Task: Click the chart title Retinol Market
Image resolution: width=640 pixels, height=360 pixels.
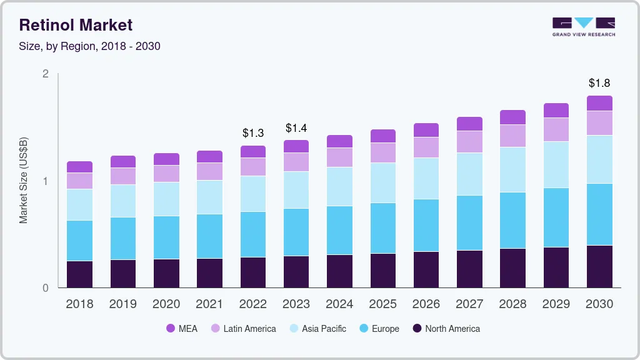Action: [76, 25]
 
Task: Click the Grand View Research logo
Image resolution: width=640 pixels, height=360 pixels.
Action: [584, 27]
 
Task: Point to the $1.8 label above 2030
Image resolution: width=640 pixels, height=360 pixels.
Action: [599, 83]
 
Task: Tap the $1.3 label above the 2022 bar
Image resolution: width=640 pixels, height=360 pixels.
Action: [253, 133]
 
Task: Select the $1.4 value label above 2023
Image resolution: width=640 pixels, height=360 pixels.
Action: [296, 128]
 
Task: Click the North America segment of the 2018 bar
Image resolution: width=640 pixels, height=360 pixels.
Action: [80, 274]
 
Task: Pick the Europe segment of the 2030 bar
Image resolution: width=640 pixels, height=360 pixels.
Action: [599, 214]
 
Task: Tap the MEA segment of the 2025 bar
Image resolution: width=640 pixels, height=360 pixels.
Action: [383, 136]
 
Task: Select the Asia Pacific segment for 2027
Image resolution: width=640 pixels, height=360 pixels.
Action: [469, 174]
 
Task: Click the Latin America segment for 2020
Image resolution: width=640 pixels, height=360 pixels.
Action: [167, 174]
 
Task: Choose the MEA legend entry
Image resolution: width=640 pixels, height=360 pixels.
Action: [181, 329]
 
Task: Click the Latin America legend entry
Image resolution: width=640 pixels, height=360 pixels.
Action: [243, 329]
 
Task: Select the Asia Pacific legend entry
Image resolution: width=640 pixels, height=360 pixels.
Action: [317, 329]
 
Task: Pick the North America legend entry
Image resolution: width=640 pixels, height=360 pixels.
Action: [446, 329]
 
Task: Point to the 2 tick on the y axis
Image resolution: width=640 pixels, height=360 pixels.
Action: [45, 74]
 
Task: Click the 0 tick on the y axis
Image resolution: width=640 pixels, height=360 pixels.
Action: [45, 288]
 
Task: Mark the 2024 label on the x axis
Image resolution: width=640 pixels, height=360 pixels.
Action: [339, 304]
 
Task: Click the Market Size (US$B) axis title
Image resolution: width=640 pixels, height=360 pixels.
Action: [24, 181]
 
